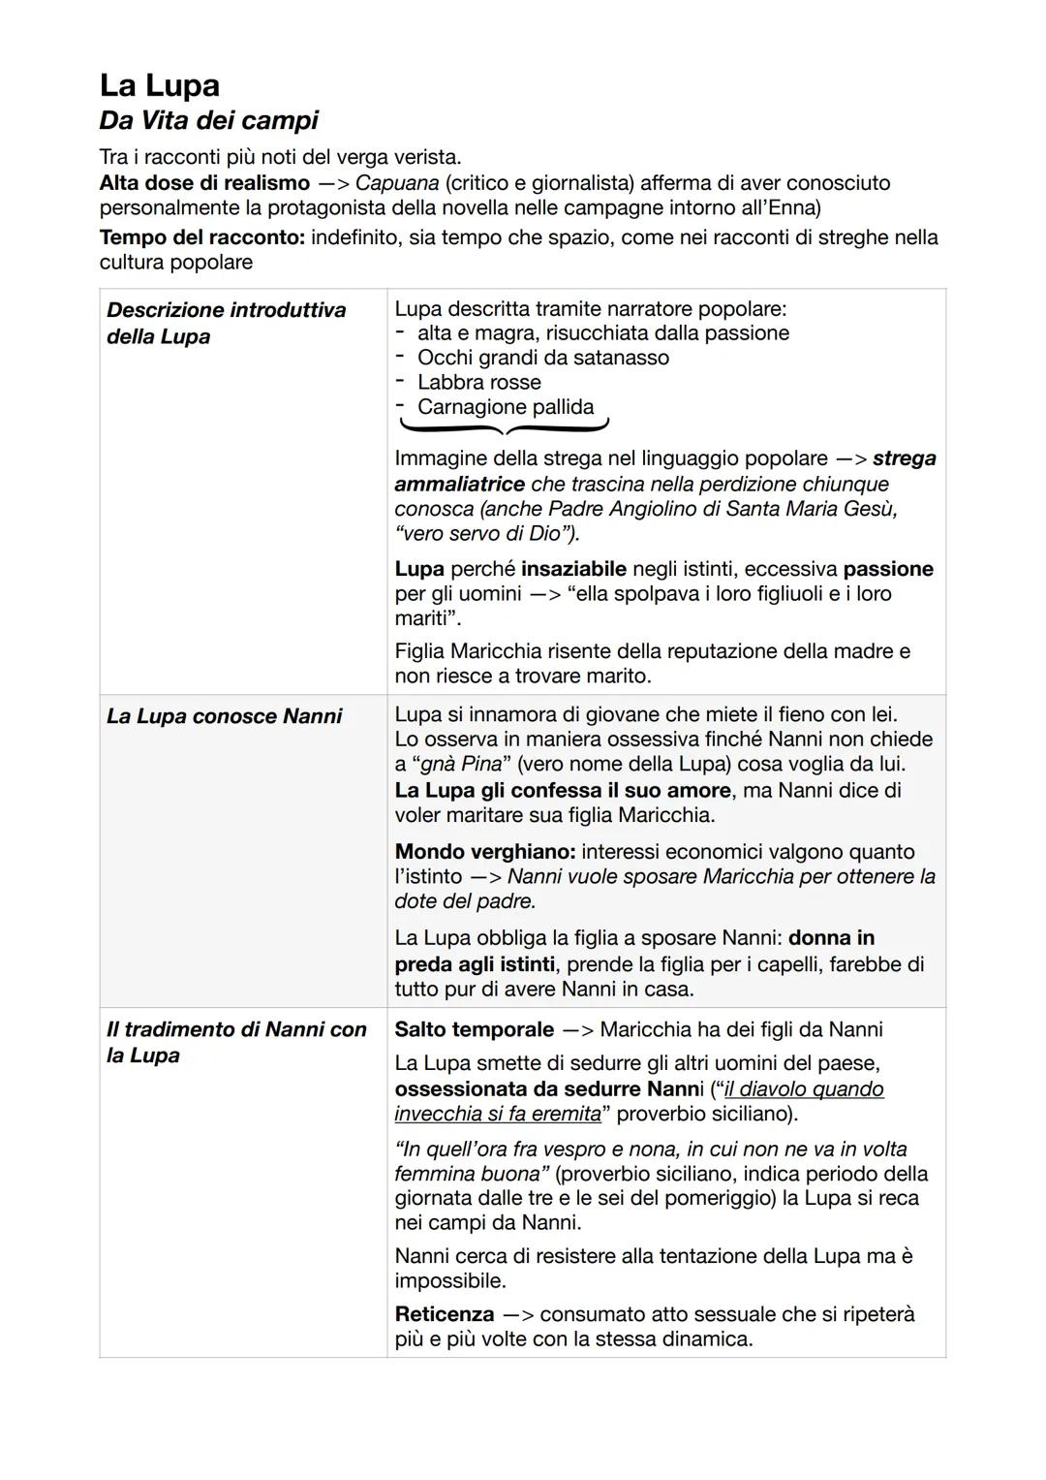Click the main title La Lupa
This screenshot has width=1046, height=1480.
tap(160, 85)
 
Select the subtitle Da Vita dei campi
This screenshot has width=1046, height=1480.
tap(208, 121)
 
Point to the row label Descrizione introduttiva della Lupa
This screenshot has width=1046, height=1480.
tap(226, 323)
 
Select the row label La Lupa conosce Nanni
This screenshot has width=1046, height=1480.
tap(224, 716)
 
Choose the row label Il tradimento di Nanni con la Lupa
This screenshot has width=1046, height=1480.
tap(236, 1042)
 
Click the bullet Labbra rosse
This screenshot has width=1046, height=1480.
tap(478, 383)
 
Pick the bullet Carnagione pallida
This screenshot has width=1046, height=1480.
tap(505, 407)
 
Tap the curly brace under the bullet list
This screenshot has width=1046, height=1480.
tap(504, 427)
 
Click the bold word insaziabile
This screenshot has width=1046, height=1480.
tap(573, 569)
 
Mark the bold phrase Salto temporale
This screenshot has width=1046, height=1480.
tap(474, 1029)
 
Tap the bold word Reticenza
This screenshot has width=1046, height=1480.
tap(445, 1314)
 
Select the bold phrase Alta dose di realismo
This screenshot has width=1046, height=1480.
tap(204, 183)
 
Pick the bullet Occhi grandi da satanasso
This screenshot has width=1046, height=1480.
tap(542, 358)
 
